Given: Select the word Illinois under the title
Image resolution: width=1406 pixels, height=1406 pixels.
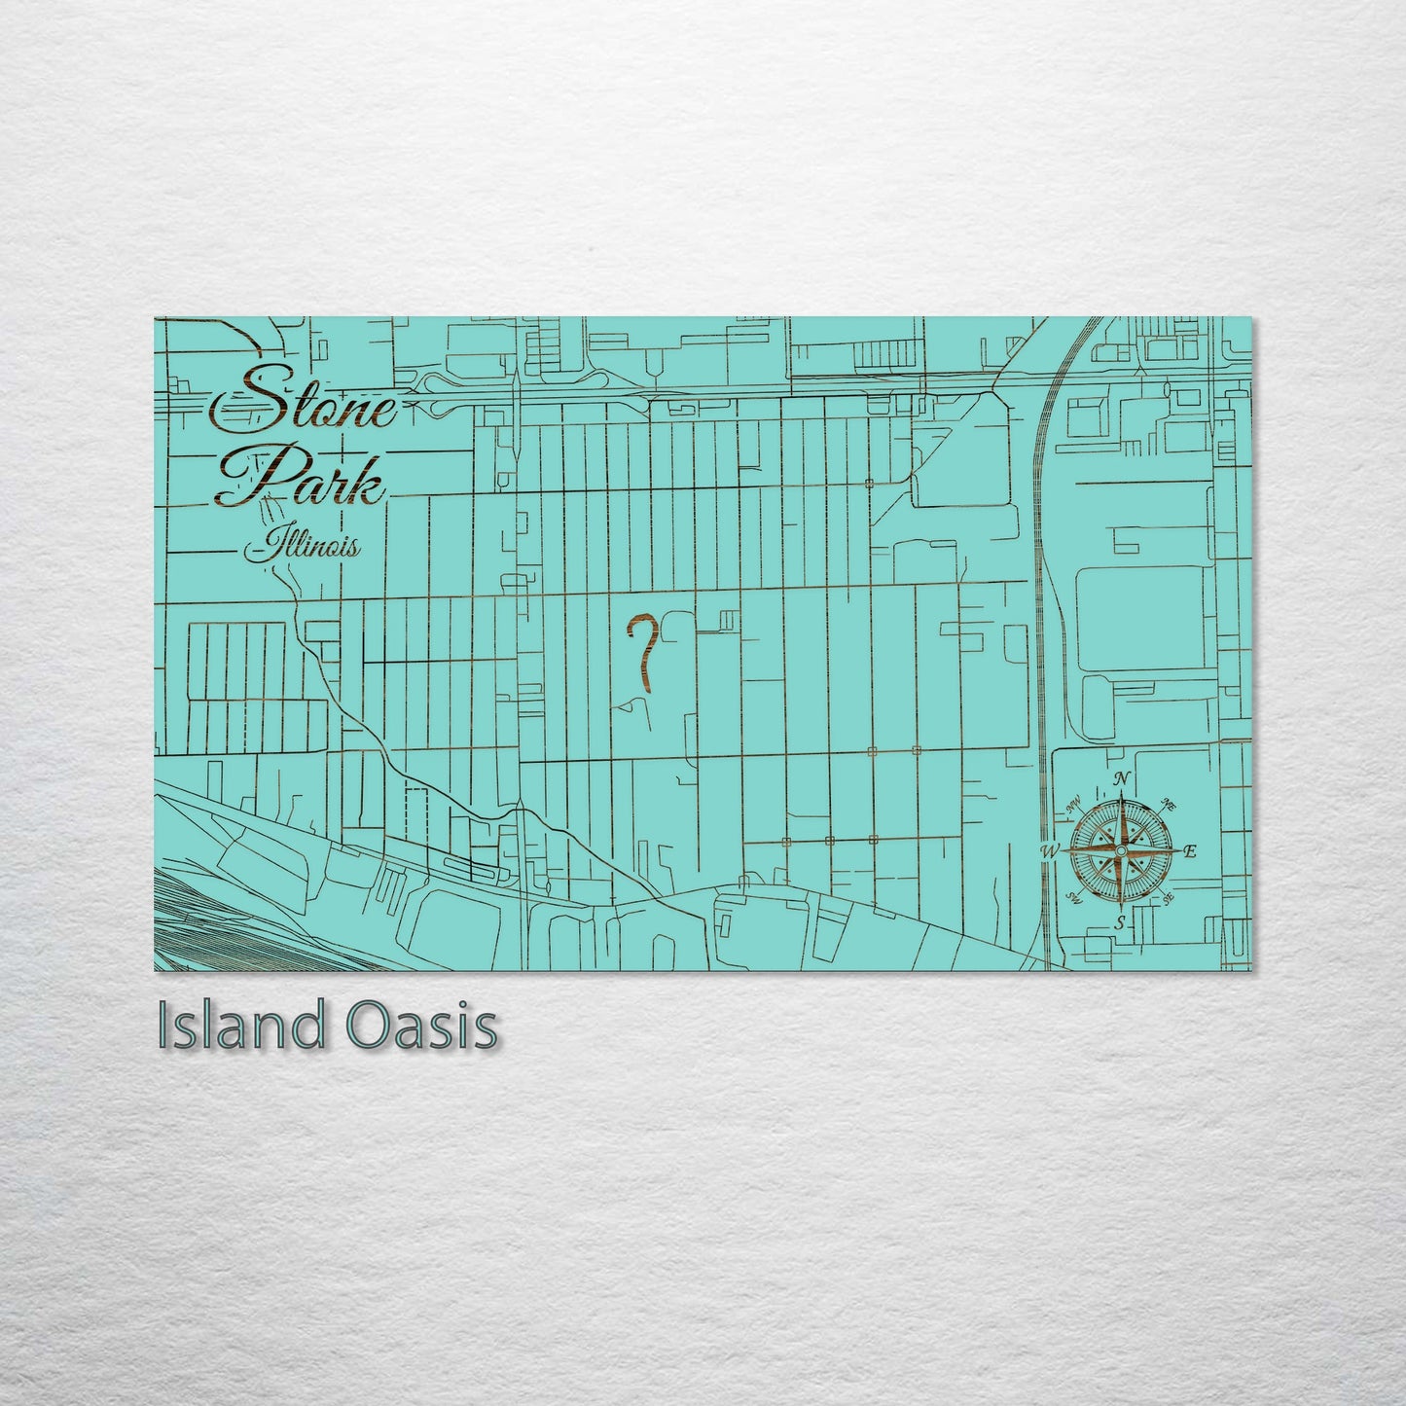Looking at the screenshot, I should [x=304, y=546].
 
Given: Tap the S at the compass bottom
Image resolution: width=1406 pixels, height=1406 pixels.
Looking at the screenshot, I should [x=1121, y=921].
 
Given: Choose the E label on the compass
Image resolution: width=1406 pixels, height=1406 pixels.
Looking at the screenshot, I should [x=1189, y=851].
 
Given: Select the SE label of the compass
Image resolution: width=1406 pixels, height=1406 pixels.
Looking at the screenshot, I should [x=1168, y=898].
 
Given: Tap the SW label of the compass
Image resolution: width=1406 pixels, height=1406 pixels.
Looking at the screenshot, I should [x=1075, y=897].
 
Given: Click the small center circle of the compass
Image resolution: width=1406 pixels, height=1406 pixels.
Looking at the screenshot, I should [x=1121, y=851].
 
